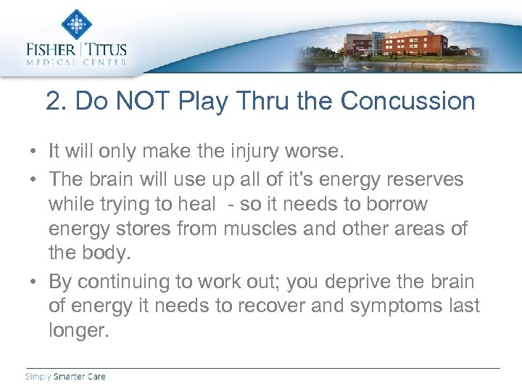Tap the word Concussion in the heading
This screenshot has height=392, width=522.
tap(408, 101)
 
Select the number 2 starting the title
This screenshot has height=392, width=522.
tap(53, 101)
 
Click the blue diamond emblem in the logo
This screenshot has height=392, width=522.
tap(75, 23)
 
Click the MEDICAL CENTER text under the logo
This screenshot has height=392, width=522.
tap(75, 62)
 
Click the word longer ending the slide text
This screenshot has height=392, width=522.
tap(79, 332)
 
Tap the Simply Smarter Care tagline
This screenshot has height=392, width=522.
tap(65, 376)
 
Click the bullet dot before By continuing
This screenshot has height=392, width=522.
tap(34, 282)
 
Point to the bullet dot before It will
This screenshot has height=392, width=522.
tap(34, 152)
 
